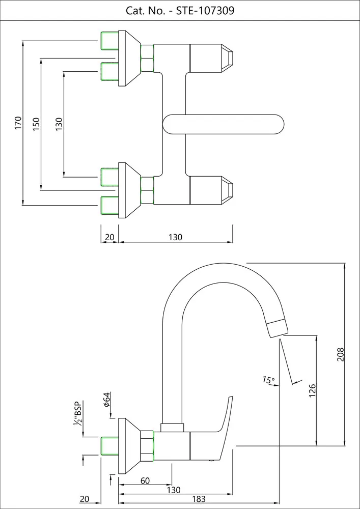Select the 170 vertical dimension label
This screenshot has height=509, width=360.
click(18, 123)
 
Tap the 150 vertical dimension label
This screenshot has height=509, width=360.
click(36, 124)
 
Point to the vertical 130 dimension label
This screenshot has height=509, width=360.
click(59, 123)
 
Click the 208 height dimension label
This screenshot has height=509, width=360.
click(341, 354)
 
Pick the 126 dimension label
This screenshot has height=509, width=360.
click(313, 390)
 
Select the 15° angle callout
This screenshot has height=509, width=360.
click(268, 380)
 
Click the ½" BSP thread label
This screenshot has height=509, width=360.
click(78, 413)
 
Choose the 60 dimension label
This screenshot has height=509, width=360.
click(145, 480)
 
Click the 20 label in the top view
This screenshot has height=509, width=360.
click(109, 237)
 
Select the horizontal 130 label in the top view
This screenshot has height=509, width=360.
click(175, 237)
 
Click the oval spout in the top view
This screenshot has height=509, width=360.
click(224, 124)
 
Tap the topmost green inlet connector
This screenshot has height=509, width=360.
click(109, 40)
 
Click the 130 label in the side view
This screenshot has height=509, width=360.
click(174, 490)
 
